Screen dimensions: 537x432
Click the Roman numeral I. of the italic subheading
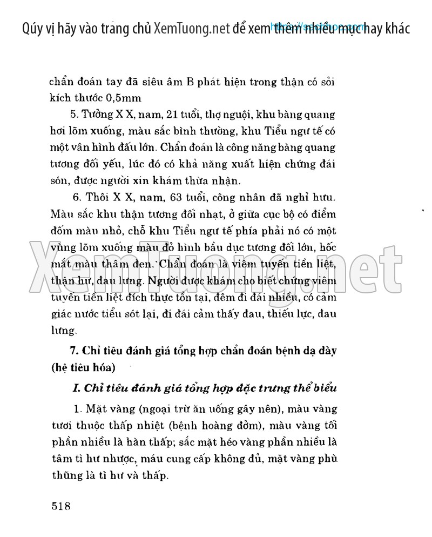pos(75,388)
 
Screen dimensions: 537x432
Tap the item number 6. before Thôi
pos(76,198)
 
